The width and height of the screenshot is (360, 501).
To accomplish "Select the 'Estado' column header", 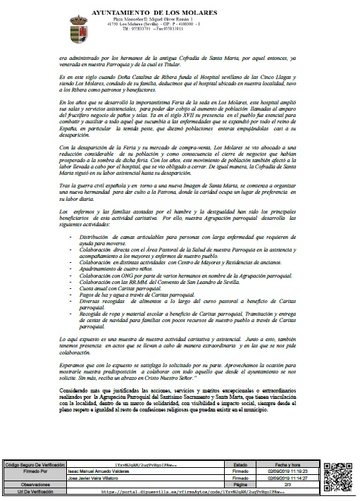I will pyautogui.click(x=240, y=465).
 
